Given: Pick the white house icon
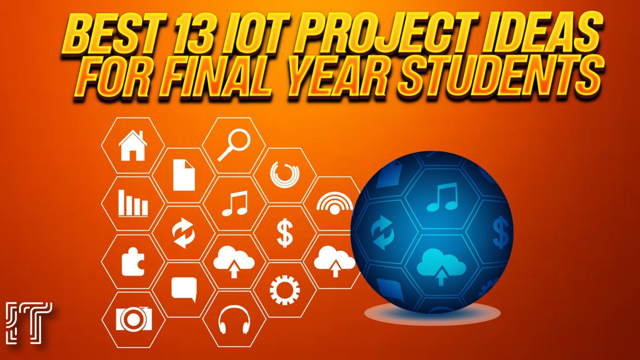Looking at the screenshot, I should coord(132,146).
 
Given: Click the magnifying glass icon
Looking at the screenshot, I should coord(234,145).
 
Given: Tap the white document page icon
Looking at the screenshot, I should coord(184,175).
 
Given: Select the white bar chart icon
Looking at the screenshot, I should coord(132,203).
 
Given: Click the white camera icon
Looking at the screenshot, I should coord(133,319).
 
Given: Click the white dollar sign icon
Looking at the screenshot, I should coord(285,233).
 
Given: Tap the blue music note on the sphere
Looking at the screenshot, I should coord(442,197).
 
